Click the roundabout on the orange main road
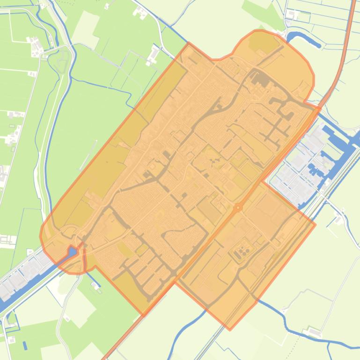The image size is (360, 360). click(x=238, y=207)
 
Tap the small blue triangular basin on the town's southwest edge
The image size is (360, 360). click(x=72, y=252)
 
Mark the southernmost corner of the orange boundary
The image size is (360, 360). click(x=229, y=330)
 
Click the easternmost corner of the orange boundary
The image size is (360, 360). click(x=315, y=224)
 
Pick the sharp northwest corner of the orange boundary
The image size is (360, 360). click(x=189, y=43)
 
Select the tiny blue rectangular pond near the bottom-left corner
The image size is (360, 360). click(x=25, y=346)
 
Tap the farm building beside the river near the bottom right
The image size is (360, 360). click(x=312, y=332)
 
